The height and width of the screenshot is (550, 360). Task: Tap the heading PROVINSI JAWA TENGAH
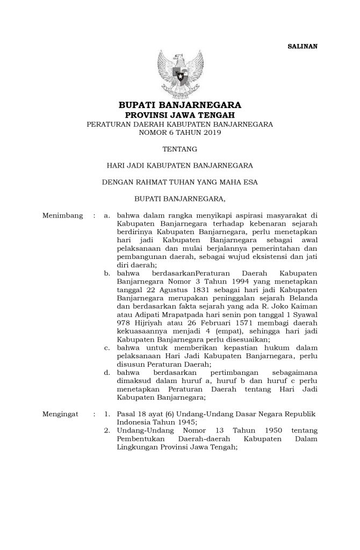180,115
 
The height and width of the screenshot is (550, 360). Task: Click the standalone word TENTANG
180,148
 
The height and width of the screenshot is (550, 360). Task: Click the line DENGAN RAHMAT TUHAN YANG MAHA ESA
180,182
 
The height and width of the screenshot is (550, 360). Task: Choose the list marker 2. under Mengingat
107,431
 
